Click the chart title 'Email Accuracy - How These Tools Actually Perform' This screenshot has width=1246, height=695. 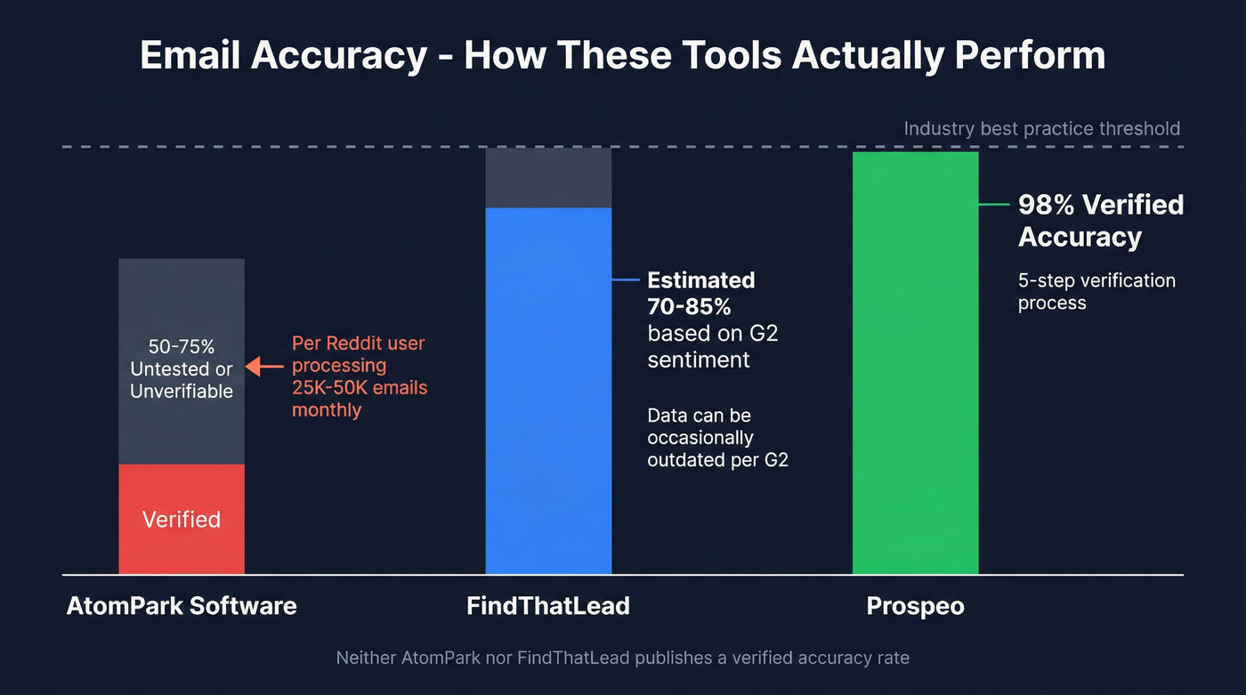click(x=622, y=55)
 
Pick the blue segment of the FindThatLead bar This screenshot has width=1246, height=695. click(x=548, y=392)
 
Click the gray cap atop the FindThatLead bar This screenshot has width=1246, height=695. click(x=548, y=178)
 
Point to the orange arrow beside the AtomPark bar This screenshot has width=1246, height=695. click(x=263, y=366)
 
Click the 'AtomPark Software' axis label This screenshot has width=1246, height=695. click(x=182, y=606)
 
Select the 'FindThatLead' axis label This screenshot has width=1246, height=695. click(x=548, y=606)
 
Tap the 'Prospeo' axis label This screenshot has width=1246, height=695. click(x=915, y=606)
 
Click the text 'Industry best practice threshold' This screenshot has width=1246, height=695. click(x=1041, y=128)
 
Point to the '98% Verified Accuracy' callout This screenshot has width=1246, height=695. click(x=1100, y=221)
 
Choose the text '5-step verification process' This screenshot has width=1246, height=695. click(x=1096, y=291)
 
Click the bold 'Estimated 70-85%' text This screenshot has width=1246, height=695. click(x=700, y=292)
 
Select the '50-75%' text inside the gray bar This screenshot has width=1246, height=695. click(x=182, y=346)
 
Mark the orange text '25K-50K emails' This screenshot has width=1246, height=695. click(x=360, y=388)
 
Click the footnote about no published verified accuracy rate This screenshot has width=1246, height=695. click(x=622, y=659)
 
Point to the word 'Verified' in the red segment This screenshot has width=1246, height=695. click(x=182, y=520)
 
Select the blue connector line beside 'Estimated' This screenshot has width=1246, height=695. click(x=626, y=279)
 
